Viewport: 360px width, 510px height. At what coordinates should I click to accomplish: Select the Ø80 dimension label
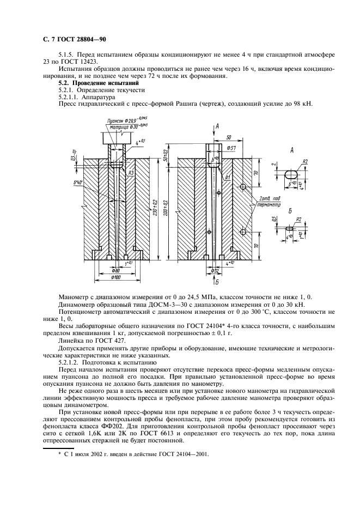(x=116, y=271)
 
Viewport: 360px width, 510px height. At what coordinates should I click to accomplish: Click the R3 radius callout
(x=131, y=172)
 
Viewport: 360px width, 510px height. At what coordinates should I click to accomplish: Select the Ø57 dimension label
(x=230, y=148)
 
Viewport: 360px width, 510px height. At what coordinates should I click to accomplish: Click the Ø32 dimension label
(x=215, y=270)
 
